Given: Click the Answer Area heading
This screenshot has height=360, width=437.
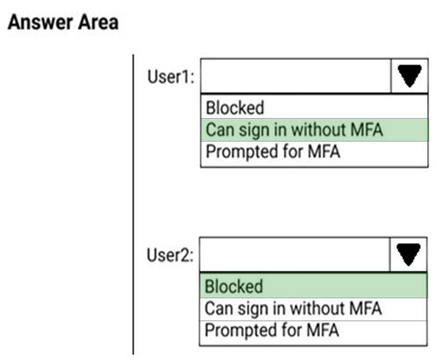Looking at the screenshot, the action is (x=63, y=22).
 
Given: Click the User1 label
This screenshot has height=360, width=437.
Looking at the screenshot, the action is (x=171, y=77).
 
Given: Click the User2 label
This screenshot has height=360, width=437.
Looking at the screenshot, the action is (x=170, y=255).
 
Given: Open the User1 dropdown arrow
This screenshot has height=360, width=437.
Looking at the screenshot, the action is (x=410, y=76).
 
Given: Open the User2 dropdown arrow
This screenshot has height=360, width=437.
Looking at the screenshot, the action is (x=408, y=254).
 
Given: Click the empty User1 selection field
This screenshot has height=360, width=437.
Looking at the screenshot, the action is (x=295, y=76).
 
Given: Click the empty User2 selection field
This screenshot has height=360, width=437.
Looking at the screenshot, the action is (x=295, y=254).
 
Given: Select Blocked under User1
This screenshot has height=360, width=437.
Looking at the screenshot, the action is (x=235, y=107).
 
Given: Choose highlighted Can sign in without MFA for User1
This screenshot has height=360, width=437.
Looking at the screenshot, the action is (x=295, y=130).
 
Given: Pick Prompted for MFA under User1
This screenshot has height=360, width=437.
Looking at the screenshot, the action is (x=273, y=151).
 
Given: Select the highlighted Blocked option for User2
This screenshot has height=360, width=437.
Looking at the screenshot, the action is (x=234, y=286).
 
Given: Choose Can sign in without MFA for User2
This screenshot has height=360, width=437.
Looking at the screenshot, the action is (x=293, y=309).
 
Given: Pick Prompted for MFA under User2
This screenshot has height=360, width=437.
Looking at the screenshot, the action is (x=272, y=330).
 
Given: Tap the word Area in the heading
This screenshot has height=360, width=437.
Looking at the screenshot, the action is (x=98, y=22).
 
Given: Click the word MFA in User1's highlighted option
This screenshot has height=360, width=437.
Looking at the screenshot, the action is (x=367, y=129).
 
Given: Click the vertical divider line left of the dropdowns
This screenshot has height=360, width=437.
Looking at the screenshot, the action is (x=134, y=204).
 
